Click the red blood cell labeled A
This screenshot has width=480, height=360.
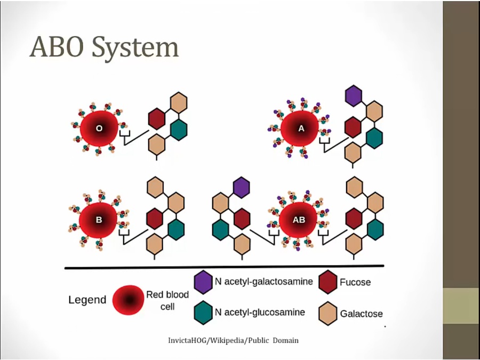(300, 129)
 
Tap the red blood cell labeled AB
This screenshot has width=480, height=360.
(299, 220)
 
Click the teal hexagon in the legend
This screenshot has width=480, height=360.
(203, 311)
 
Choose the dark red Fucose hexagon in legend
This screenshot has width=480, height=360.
(327, 282)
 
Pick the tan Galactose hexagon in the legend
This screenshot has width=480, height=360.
(327, 313)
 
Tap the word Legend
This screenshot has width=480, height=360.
(87, 300)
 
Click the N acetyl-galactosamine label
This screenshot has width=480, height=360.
(263, 281)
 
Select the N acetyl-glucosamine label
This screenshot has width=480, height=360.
(260, 312)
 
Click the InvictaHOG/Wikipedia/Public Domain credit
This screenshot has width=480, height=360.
(233, 340)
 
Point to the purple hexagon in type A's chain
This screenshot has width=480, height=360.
(353, 95)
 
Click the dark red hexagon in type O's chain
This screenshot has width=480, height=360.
(156, 118)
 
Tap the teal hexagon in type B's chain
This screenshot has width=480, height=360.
(176, 229)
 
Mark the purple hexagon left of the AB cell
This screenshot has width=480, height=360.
(241, 187)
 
